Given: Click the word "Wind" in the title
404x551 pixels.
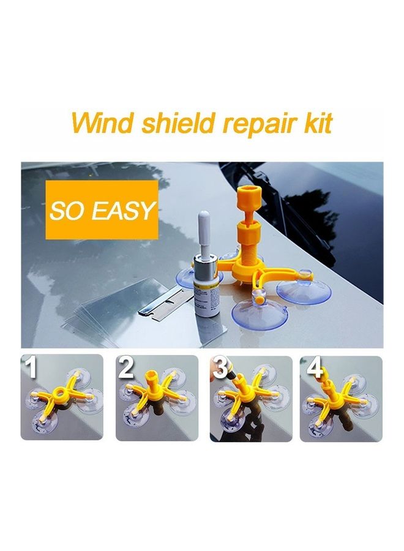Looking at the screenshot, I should coord(97,122).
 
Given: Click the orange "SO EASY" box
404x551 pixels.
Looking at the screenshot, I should coord(102,210).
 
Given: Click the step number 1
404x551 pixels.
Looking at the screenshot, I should coord(30,368).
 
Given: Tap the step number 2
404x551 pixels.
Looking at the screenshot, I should coord(126,368).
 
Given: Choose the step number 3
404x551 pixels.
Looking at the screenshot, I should coord(220,368).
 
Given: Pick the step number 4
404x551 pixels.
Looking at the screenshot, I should coord(315,368).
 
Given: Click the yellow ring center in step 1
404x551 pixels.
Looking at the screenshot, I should coord(62,390).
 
